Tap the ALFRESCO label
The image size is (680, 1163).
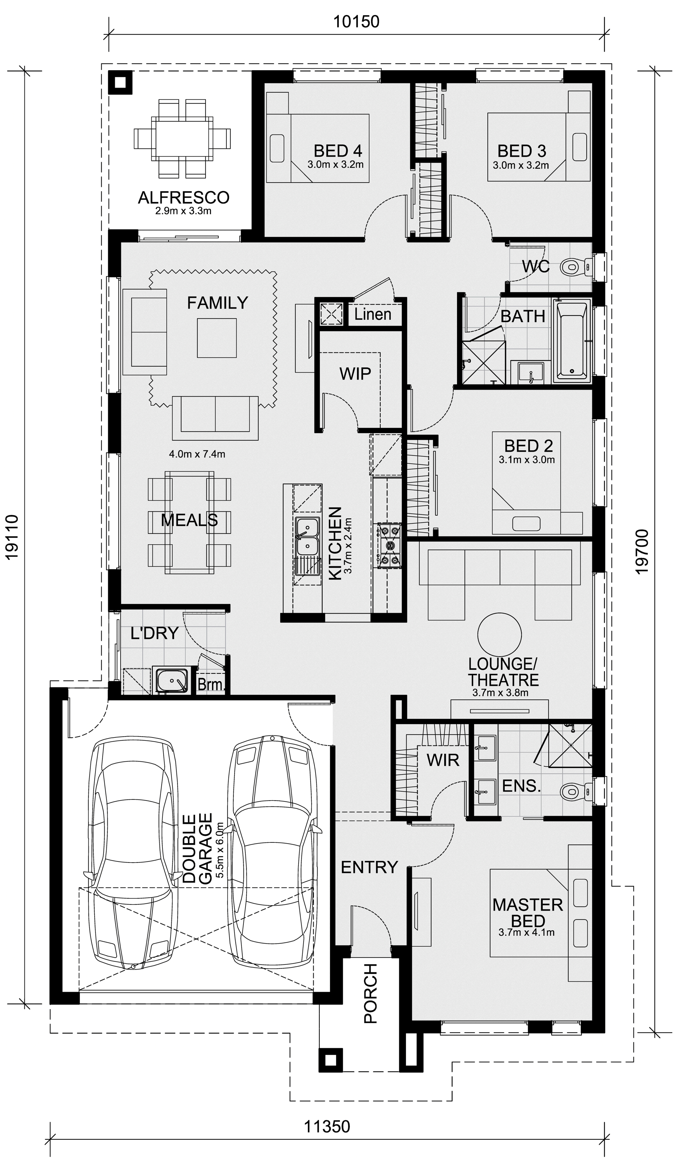click(x=184, y=198)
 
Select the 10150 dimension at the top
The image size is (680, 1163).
click(x=356, y=21)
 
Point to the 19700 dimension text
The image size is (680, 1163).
click(x=642, y=552)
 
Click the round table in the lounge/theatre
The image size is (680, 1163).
click(x=499, y=635)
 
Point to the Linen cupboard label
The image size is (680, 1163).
click(x=373, y=314)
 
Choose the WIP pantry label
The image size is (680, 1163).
click(x=355, y=373)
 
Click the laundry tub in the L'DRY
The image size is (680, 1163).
click(x=172, y=680)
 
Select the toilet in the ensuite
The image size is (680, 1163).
click(x=576, y=792)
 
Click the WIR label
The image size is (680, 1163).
click(x=443, y=760)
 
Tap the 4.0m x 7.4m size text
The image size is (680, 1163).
click(x=197, y=454)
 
